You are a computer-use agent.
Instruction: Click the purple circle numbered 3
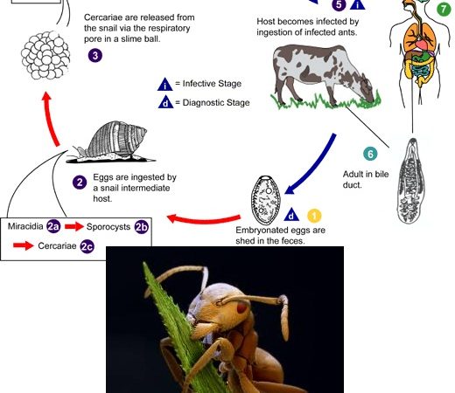click(x=95, y=55)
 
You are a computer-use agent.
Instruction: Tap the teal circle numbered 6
click(x=370, y=154)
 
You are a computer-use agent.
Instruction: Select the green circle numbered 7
click(x=444, y=10)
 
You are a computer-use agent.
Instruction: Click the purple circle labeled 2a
click(x=53, y=226)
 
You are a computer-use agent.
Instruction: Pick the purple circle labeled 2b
click(x=142, y=227)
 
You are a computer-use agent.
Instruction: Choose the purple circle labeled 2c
click(x=87, y=246)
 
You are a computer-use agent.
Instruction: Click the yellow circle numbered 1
click(x=314, y=216)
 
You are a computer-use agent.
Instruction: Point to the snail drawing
click(x=111, y=141)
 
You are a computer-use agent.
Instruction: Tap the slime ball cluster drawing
click(x=45, y=55)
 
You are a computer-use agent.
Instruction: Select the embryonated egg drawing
click(x=266, y=200)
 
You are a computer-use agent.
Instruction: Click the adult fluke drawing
click(x=411, y=181)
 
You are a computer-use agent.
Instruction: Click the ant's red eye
click(x=241, y=307)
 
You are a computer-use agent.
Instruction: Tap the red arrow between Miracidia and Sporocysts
click(x=74, y=226)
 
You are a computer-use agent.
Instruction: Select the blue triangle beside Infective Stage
click(x=165, y=84)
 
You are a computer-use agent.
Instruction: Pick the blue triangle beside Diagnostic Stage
click(x=165, y=102)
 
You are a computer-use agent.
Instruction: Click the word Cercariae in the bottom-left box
click(x=57, y=245)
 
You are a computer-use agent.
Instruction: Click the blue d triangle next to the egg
click(x=291, y=215)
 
